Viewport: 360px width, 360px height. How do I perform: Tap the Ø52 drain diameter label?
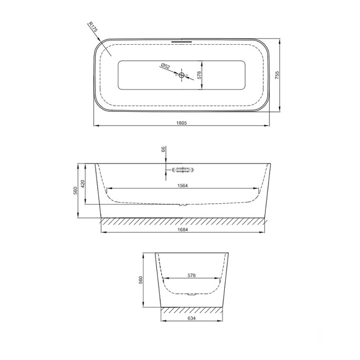[x=166, y=66]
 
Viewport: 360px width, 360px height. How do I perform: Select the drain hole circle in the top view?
[x=182, y=75]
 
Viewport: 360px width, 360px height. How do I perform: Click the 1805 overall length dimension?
[x=182, y=123]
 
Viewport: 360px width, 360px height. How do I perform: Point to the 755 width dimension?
[x=277, y=75]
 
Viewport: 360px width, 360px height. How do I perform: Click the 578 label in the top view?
[x=199, y=75]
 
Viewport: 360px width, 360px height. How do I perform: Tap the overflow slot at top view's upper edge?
[x=182, y=42]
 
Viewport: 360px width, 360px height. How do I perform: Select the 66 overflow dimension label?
[x=163, y=150]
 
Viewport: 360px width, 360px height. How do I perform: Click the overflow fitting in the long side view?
[x=183, y=170]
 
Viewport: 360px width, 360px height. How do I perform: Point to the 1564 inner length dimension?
[x=183, y=186]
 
